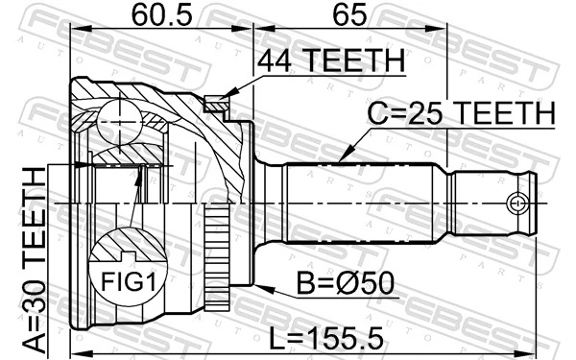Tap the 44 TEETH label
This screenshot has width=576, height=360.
coord(330,61)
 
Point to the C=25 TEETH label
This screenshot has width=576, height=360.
coord(462,114)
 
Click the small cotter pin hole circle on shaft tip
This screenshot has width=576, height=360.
coord(517,204)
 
